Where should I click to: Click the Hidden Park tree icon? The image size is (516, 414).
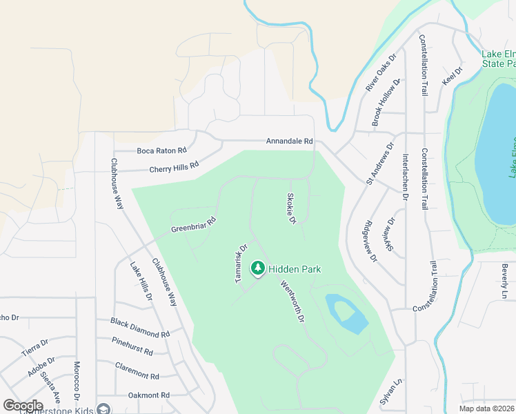pyautogui.click(x=258, y=268)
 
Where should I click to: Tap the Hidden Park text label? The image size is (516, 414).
pyautogui.click(x=295, y=269)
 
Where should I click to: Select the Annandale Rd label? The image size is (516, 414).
pyautogui.click(x=290, y=141)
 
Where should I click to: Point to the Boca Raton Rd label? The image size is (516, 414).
pyautogui.click(x=161, y=150)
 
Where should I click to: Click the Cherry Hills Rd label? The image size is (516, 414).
pyautogui.click(x=174, y=167)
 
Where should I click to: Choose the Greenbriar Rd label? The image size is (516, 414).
pyautogui.click(x=194, y=225)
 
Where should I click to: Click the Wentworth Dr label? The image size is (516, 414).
pyautogui.click(x=292, y=302)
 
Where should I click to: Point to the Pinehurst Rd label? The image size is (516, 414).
pyautogui.click(x=132, y=346)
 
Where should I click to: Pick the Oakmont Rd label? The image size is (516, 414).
pyautogui.click(x=149, y=395)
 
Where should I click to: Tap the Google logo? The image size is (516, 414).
pyautogui.click(x=23, y=406)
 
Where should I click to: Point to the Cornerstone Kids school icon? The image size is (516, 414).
pyautogui.click(x=103, y=409)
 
